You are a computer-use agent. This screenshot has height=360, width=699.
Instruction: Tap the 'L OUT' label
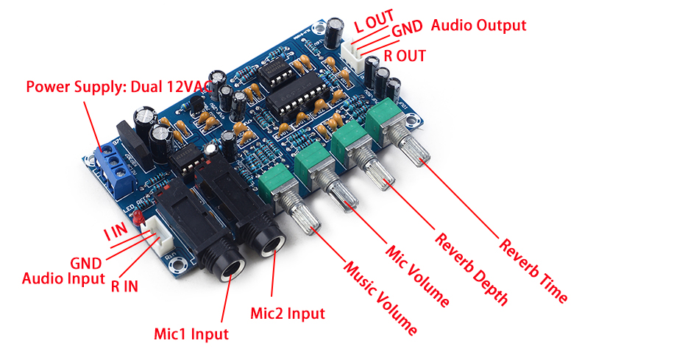click(x=374, y=21)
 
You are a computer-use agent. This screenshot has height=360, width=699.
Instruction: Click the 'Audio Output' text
click(x=478, y=25)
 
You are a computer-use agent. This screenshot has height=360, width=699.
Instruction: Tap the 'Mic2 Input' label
click(x=287, y=313)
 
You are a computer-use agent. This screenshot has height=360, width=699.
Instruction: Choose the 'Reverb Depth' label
click(x=471, y=268)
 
